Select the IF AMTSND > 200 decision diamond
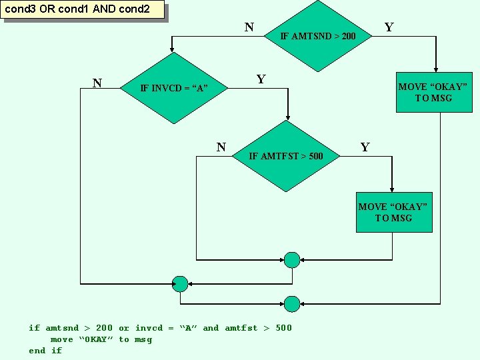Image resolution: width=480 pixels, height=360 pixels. (x=318, y=35)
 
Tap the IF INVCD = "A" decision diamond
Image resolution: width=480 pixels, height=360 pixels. (x=174, y=88)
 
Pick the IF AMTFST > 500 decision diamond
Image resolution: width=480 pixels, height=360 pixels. (x=286, y=156)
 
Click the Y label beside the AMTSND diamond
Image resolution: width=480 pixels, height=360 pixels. (x=389, y=27)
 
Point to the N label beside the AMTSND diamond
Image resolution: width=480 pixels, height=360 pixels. (x=249, y=27)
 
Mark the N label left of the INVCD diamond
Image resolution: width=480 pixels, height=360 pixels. (x=97, y=83)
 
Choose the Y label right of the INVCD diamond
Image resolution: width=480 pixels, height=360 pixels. (x=261, y=80)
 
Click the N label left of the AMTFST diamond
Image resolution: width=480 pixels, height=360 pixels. (x=221, y=147)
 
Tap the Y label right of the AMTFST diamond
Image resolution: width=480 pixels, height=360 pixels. (x=365, y=147)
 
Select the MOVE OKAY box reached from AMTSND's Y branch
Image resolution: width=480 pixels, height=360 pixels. (x=433, y=92)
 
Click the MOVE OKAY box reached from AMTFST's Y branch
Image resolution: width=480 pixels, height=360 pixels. (x=393, y=212)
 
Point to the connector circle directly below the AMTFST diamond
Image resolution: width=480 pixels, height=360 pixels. (x=292, y=260)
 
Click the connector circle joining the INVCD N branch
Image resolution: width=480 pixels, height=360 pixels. (x=180, y=283)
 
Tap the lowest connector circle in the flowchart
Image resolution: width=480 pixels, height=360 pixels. (x=292, y=304)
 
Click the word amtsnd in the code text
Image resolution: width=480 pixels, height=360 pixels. (x=62, y=328)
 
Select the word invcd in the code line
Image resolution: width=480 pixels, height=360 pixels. (x=149, y=328)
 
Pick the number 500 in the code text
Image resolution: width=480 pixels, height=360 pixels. (x=283, y=328)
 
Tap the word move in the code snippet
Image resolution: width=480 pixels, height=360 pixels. (x=62, y=339)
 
